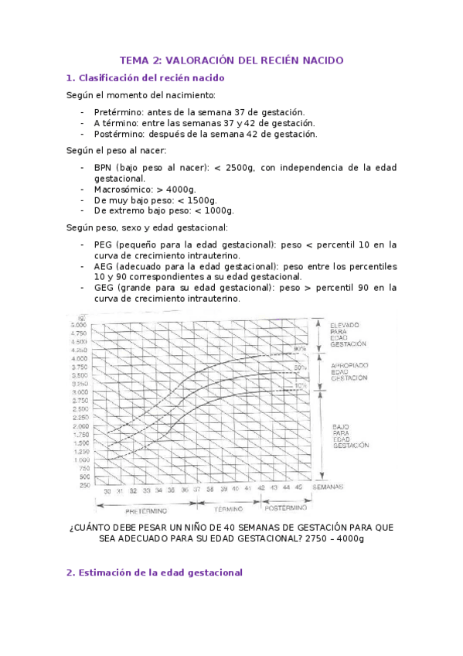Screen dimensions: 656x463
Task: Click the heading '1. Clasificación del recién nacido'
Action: pos(145,78)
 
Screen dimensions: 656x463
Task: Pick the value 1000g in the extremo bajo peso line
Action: pos(217,210)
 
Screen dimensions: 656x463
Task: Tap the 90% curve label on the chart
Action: pos(300,349)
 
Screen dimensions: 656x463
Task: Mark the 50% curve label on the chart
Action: pos(300,366)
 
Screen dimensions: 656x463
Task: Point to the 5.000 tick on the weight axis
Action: pos(80,324)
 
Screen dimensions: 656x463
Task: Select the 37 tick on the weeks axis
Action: pos(197,490)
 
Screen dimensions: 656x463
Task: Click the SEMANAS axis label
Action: pos(329,489)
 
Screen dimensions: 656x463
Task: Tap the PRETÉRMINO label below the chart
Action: pos(145,510)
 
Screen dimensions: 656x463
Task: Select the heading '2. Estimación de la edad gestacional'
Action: pos(155,572)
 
